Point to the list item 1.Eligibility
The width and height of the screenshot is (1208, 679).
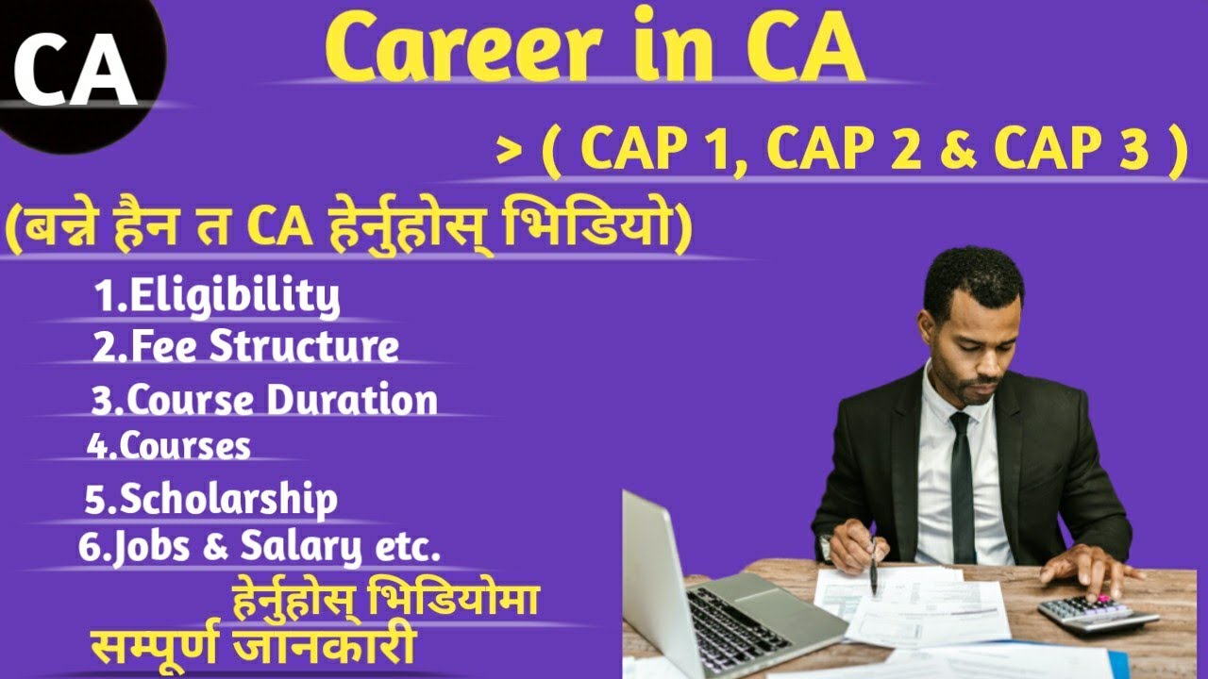tap(217, 296)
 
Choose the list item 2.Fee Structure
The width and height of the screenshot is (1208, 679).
tap(245, 346)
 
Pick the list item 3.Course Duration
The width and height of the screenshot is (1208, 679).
tap(264, 400)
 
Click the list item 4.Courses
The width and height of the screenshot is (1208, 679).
tap(169, 445)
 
